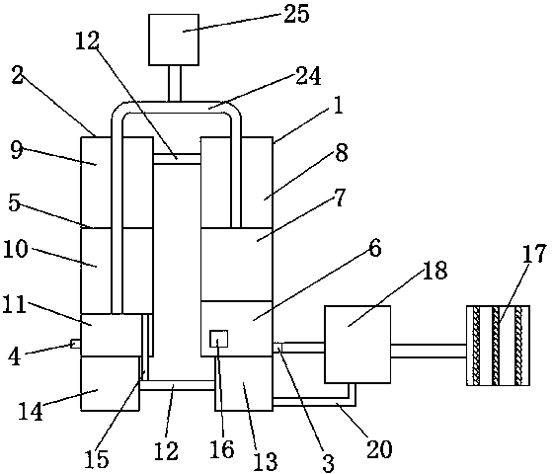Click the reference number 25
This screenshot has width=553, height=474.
point(296,14)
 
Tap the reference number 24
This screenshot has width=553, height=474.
point(308,76)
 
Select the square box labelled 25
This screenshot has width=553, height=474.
point(174,39)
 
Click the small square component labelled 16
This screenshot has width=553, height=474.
point(218,340)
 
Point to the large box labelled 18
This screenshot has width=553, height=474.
point(357,345)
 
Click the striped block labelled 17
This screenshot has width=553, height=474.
point(498,346)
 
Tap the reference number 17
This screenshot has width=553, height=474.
point(534,253)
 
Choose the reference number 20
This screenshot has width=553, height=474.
point(379,448)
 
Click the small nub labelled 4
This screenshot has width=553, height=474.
point(75,344)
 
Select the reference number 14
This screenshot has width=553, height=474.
point(31,411)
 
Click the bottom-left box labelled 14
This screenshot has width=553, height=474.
point(110,383)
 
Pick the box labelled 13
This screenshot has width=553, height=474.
point(244,383)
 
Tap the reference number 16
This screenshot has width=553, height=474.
point(222,449)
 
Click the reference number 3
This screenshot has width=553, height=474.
point(328,463)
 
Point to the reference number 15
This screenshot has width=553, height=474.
point(97,458)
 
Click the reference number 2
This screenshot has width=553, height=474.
point(18,75)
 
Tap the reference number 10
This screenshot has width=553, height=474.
point(16,249)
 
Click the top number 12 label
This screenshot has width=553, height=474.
point(87,40)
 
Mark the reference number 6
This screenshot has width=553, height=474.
point(375,248)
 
